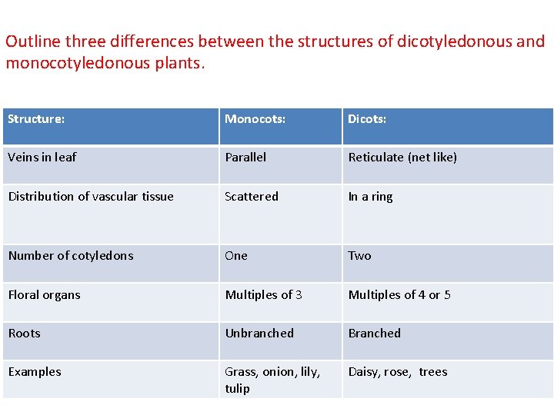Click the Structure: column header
pyautogui.click(x=36, y=119)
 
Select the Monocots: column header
pyautogui.click(x=255, y=119)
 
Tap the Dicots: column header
pyautogui.click(x=367, y=119)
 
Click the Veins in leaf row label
pyautogui.click(x=42, y=158)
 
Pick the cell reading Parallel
pyautogui.click(x=245, y=158)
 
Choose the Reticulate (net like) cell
pyautogui.click(x=402, y=158)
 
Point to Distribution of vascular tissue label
pyautogui.click(x=91, y=197)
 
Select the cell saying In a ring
pyautogui.click(x=370, y=197)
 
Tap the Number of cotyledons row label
pyautogui.click(x=71, y=256)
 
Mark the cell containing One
pyautogui.click(x=236, y=256)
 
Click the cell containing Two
pyautogui.click(x=359, y=256)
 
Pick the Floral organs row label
pyautogui.click(x=44, y=295)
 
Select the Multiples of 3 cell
pyautogui.click(x=263, y=295)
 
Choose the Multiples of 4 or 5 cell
pyautogui.click(x=399, y=295)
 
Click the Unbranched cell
pyautogui.click(x=259, y=334)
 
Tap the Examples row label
pyautogui.click(x=35, y=372)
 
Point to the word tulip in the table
pyautogui.click(x=237, y=389)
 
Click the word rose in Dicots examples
pyautogui.click(x=399, y=372)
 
